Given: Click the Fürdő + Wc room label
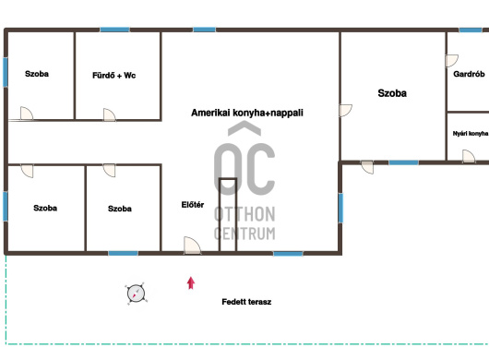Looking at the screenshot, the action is coord(113,75).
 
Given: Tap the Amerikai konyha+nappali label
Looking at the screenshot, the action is coord(247,113).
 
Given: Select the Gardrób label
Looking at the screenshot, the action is coord(469,74).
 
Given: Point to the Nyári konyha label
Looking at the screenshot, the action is coord(471,134).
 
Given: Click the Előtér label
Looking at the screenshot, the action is coord(193,205).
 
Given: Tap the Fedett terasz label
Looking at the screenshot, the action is coord(246,302).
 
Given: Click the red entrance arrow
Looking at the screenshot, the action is coord(191,283).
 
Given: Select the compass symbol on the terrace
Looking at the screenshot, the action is coord(136,294).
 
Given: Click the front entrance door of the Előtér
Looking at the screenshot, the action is coord(192,246).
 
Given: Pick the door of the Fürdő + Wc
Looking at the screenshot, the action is coord(110,114).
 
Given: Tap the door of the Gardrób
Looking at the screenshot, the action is coord(451,61).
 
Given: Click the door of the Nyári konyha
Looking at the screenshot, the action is coord(469,156).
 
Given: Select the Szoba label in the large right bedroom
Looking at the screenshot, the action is coord(392,93).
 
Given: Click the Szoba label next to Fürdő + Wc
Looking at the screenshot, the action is coord(37,74).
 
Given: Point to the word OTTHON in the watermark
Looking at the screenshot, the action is coord(244,214).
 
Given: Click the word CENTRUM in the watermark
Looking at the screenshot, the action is coord(244,234).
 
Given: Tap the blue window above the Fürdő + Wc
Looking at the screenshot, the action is coord(114,30).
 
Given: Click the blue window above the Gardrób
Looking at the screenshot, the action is coord(471,30).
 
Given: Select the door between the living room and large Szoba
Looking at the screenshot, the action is coord(346,111).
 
